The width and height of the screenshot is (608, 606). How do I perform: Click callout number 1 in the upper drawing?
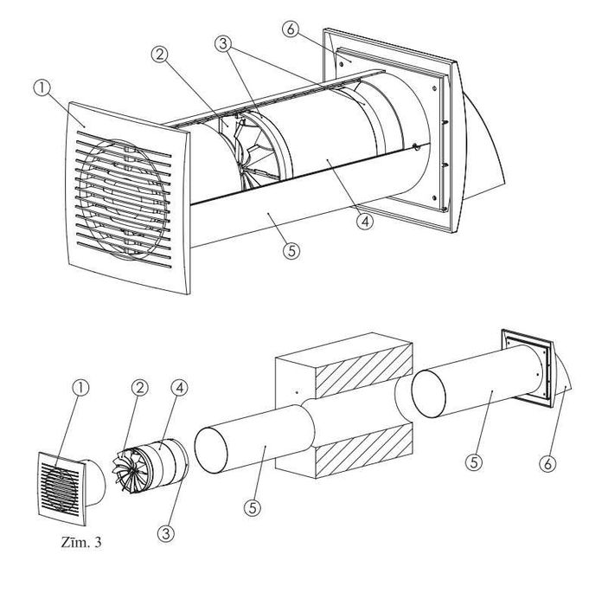pyautogui.click(x=42, y=88)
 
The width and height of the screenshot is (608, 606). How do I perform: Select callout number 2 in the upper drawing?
pyautogui.click(x=159, y=55)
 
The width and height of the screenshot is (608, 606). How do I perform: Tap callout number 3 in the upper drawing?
pyautogui.click(x=223, y=43)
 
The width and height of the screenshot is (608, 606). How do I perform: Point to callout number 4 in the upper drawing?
pyautogui.click(x=365, y=222)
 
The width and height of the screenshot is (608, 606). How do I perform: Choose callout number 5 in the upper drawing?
pyautogui.click(x=291, y=251)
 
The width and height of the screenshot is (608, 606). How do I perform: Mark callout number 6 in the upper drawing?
pyautogui.click(x=291, y=29)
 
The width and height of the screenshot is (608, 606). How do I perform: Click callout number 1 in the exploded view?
pyautogui.click(x=80, y=388)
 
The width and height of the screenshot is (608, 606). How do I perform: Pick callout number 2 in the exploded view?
pyautogui.click(x=139, y=388)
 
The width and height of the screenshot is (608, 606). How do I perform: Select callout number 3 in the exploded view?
pyautogui.click(x=165, y=534)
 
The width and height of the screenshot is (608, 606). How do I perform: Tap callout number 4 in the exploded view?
pyautogui.click(x=179, y=388)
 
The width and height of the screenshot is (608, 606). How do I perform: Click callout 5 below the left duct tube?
pyautogui.click(x=253, y=507)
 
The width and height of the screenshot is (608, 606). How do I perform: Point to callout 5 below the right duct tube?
pyautogui.click(x=474, y=462)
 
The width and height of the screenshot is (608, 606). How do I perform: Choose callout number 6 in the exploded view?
pyautogui.click(x=547, y=463)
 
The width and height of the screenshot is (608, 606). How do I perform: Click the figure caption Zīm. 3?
pyautogui.click(x=81, y=542)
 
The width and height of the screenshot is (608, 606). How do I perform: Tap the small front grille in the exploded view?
pyautogui.click(x=61, y=488)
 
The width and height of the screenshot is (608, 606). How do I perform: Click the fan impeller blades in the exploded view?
pyautogui.click(x=127, y=470)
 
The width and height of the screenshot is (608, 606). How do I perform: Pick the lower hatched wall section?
pyautogui.click(x=364, y=451)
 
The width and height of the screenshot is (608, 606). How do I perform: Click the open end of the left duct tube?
pyautogui.click(x=211, y=450)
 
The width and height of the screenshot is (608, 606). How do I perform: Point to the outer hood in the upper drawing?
pyautogui.click(x=483, y=147)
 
